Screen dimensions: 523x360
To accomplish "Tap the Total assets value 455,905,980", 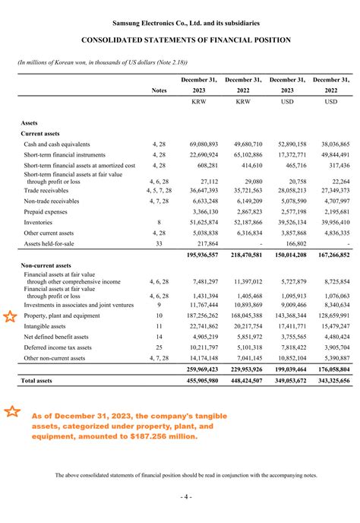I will coord(200,380).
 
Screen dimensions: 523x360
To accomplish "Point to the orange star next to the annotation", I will coord(12,412).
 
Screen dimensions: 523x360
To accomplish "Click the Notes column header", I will coord(159,90).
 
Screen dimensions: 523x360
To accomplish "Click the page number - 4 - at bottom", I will coord(180,496).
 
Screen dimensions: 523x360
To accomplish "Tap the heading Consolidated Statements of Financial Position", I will coord(180,40).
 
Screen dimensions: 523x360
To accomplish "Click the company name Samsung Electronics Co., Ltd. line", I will coord(180,24).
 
